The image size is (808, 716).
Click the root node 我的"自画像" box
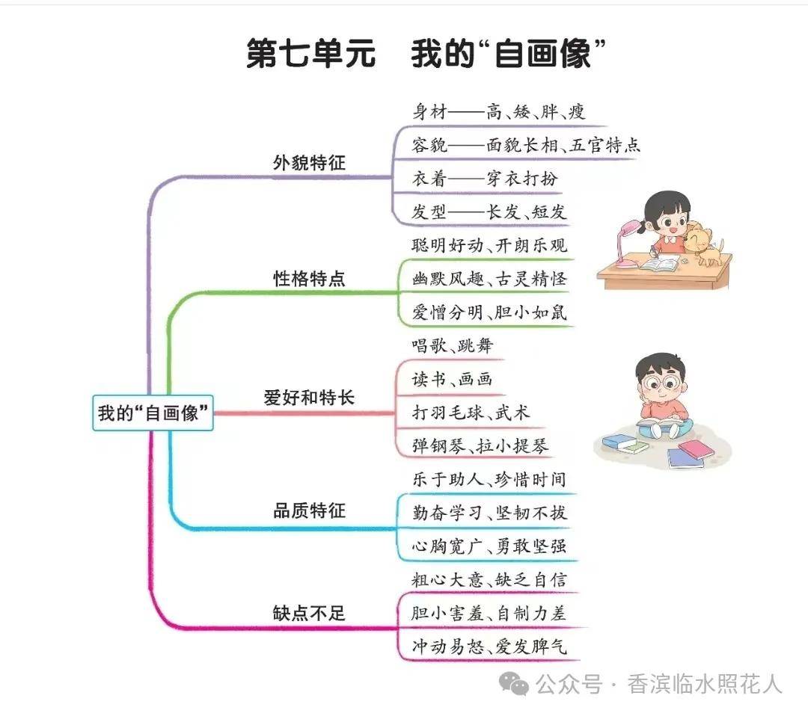pyautogui.click(x=153, y=413)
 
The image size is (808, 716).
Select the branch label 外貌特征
pyautogui.click(x=309, y=162)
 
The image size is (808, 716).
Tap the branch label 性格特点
pyautogui.click(x=309, y=279)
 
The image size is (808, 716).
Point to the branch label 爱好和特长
pyautogui.click(x=309, y=398)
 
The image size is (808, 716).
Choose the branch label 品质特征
pyautogui.click(x=309, y=511)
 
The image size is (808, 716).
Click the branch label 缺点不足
pyautogui.click(x=309, y=614)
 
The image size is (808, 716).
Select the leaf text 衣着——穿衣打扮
pyautogui.click(x=485, y=179)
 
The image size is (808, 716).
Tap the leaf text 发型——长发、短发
pyautogui.click(x=490, y=212)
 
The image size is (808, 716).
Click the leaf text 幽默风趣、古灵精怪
pyautogui.click(x=490, y=279)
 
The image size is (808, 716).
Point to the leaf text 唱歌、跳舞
pyautogui.click(x=453, y=345)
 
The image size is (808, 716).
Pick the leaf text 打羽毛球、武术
pyautogui.click(x=471, y=413)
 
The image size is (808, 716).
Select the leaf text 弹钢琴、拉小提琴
pyautogui.click(x=480, y=446)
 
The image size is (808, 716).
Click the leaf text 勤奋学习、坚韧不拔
pyautogui.click(x=490, y=513)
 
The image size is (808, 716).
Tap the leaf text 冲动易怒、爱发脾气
pyautogui.click(x=490, y=646)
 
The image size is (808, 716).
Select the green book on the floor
pyautogui.click(x=625, y=445)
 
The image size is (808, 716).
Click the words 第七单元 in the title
pyautogui.click(x=311, y=55)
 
